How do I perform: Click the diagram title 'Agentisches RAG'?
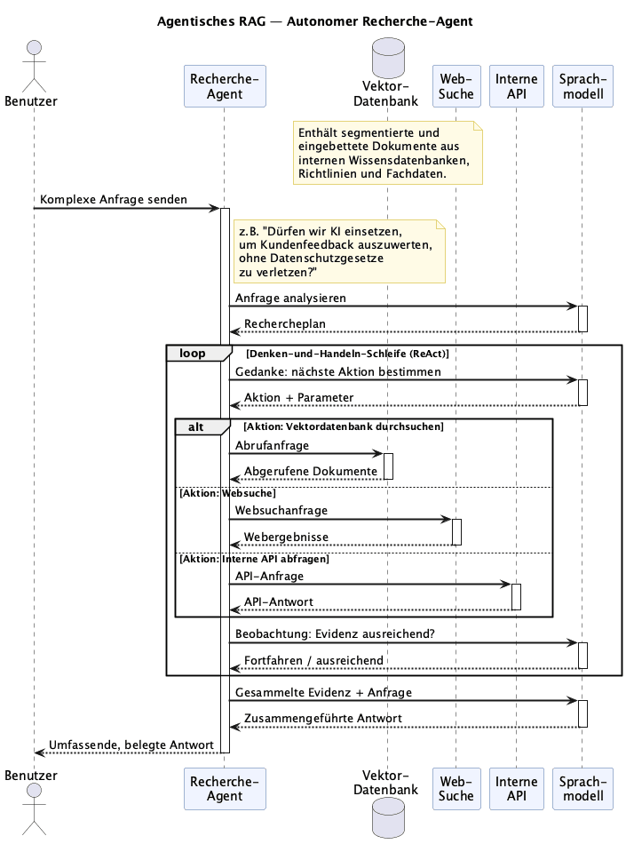tap(211, 21)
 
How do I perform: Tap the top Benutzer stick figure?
tap(35, 66)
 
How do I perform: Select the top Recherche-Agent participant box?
tap(225, 86)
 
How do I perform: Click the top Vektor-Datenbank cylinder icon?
tap(388, 58)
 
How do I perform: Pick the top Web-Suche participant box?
tap(456, 86)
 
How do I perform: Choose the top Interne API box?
tap(516, 86)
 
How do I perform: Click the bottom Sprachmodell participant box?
tap(583, 789)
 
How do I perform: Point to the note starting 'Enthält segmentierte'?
tap(388, 153)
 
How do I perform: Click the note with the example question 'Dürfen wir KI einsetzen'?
tap(339, 251)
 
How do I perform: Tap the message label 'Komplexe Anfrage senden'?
tap(114, 199)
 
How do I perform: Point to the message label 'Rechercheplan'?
tap(285, 324)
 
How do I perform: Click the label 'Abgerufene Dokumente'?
tap(311, 471)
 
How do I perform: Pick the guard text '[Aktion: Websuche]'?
tap(227, 493)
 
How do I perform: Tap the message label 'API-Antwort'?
tap(279, 602)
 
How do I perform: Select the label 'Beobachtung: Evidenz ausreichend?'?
tap(335, 634)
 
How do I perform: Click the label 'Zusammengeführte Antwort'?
tap(323, 719)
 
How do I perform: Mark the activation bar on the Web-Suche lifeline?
tap(457, 532)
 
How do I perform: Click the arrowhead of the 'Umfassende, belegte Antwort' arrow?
tap(38, 752)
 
